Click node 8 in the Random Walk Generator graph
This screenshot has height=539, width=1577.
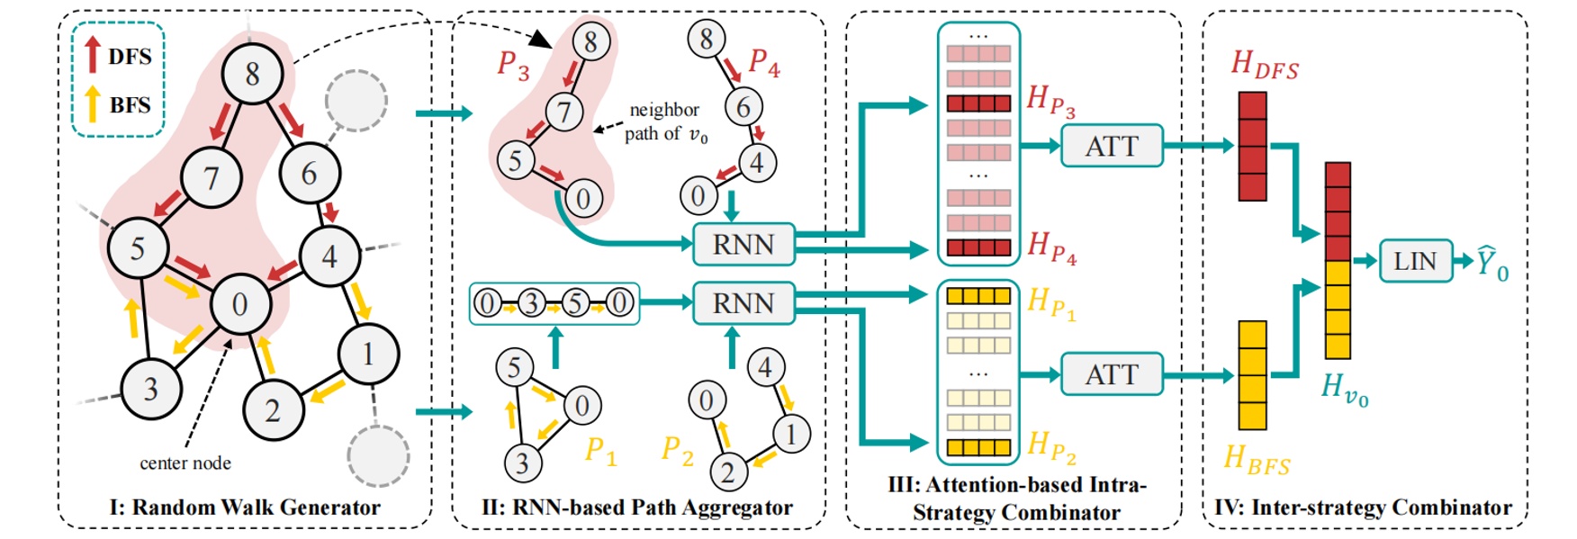pos(252,74)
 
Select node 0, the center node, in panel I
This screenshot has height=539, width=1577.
pos(240,304)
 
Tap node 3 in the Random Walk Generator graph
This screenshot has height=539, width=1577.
pos(151,389)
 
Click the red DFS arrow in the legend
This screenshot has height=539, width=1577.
pos(92,55)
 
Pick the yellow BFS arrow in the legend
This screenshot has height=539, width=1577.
pos(92,103)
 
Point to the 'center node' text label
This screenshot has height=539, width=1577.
pos(185,463)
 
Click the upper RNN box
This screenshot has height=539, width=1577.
pos(743,244)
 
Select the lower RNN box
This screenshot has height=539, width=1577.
pos(743,303)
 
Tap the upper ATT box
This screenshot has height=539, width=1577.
pos(1112,146)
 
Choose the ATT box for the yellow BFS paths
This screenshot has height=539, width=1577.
pos(1112,374)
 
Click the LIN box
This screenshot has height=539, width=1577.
pos(1415,261)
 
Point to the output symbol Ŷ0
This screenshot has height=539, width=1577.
pos(1491,265)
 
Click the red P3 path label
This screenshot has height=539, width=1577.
pos(514,66)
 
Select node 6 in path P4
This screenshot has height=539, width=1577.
pos(743,107)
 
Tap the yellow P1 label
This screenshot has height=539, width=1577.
pos(600,449)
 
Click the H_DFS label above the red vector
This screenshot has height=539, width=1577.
pos(1265,65)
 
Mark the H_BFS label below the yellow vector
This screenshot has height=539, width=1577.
pos(1257,460)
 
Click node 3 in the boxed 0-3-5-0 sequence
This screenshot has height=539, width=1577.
pos(531,304)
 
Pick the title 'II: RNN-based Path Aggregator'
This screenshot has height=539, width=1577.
pos(637,508)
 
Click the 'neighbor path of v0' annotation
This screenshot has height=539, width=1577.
pos(665,121)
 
